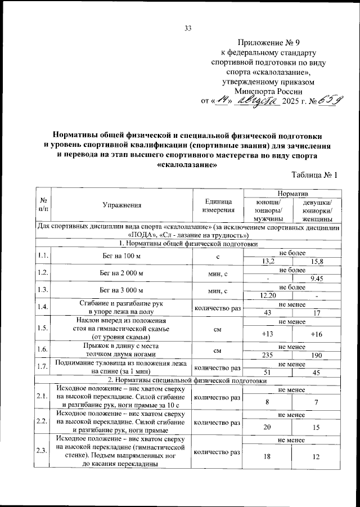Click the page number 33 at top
(188, 29)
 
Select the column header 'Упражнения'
(121, 205)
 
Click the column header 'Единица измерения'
(218, 205)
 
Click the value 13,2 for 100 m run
(268, 261)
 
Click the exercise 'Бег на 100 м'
(121, 257)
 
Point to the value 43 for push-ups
(268, 312)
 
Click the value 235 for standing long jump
(268, 355)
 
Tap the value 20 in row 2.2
(268, 427)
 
